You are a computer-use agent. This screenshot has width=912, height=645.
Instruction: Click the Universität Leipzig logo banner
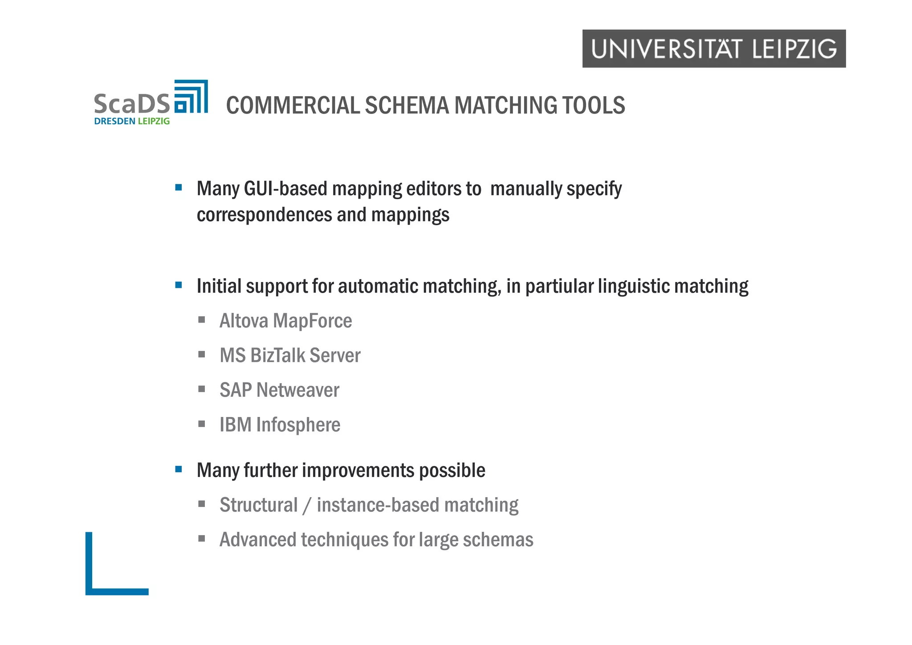[x=713, y=49]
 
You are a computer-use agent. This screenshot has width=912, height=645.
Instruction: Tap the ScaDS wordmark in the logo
[x=132, y=103]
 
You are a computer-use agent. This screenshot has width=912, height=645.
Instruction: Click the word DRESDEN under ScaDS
[x=114, y=121]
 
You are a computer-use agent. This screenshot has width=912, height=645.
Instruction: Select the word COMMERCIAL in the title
[x=293, y=106]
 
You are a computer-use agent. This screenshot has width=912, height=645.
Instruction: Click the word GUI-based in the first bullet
[x=285, y=189]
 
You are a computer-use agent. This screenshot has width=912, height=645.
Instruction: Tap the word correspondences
[x=265, y=215]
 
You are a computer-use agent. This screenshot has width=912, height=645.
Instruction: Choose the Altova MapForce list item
[x=285, y=321]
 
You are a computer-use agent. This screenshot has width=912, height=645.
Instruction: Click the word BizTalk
[x=277, y=355]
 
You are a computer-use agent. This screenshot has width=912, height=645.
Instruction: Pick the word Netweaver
[x=297, y=390]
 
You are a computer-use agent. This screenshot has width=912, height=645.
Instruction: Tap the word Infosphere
[x=298, y=425]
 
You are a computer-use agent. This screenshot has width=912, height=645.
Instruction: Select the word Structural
[x=258, y=505]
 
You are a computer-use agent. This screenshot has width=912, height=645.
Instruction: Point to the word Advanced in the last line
[x=258, y=540]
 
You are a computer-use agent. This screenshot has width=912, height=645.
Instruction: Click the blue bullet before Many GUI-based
[x=179, y=188]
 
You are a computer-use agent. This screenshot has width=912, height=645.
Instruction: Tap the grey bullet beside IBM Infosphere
[x=202, y=424]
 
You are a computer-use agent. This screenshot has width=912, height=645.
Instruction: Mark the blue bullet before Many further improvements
[x=179, y=469]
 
